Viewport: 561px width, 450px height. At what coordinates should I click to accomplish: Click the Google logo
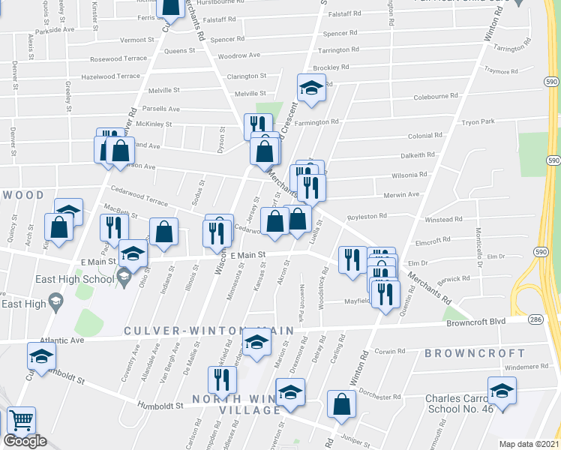[25, 441]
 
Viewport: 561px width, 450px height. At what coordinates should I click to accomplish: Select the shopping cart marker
[22, 421]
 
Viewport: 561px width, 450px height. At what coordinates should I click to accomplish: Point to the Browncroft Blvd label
[477, 321]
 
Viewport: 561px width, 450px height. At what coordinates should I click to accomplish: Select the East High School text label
[73, 279]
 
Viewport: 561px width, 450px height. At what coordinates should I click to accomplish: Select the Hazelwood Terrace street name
[110, 76]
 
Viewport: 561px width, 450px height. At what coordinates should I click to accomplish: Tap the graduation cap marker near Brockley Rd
[310, 88]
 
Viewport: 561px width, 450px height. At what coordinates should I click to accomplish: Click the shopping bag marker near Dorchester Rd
[341, 403]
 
